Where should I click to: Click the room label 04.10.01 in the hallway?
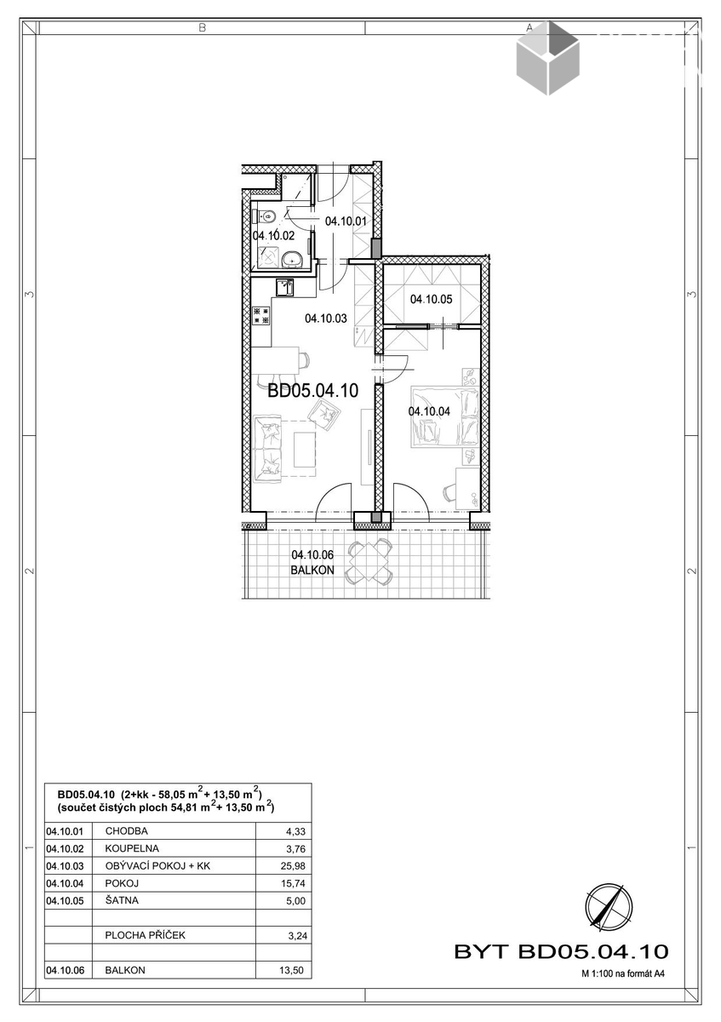click(x=346, y=221)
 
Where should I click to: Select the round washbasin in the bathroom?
click(x=292, y=260)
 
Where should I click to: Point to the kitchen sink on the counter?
click(x=284, y=287)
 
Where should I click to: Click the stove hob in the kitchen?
click(x=262, y=316)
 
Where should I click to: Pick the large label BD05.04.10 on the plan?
click(x=312, y=391)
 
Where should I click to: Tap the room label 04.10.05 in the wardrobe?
click(x=431, y=300)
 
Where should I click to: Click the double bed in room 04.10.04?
click(x=445, y=416)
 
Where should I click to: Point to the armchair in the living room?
click(x=324, y=416)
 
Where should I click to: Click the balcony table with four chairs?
click(x=369, y=561)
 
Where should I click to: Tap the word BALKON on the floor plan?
click(x=312, y=570)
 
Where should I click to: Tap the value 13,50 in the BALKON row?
click(x=292, y=970)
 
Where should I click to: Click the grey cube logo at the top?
click(x=547, y=58)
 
